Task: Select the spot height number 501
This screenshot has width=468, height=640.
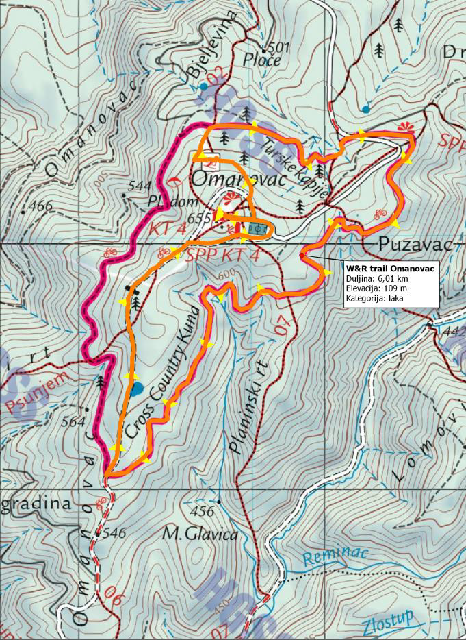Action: click(279, 47)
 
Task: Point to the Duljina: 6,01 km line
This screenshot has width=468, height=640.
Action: click(377, 279)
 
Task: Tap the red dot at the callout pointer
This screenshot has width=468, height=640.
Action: click(302, 256)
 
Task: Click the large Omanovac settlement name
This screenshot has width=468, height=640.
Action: click(237, 179)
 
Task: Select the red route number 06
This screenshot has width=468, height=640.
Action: click(114, 596)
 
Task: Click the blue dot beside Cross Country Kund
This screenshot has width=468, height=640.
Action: click(137, 389)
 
